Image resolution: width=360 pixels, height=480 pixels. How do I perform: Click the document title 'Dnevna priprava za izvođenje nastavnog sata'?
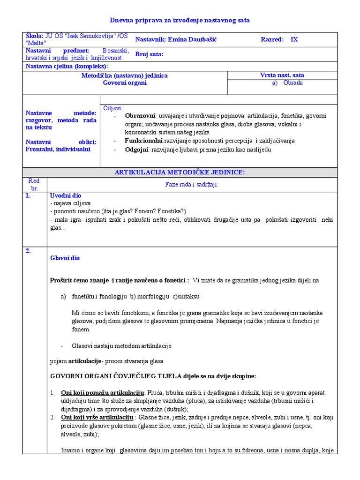click(x=180, y=20)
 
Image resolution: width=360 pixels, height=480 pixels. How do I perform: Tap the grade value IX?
click(x=294, y=40)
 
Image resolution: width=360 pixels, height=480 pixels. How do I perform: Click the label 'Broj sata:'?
click(x=149, y=54)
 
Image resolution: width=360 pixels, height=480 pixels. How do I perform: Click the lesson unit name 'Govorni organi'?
click(x=125, y=83)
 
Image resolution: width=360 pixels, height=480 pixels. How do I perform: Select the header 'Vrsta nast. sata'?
click(x=282, y=75)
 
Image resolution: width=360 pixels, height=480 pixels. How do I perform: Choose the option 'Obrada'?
click(x=293, y=83)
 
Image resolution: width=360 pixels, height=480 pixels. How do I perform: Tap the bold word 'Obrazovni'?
click(x=140, y=116)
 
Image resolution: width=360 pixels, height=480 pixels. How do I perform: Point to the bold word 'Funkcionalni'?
click(x=143, y=141)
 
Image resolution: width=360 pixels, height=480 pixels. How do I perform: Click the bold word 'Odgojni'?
click(x=136, y=150)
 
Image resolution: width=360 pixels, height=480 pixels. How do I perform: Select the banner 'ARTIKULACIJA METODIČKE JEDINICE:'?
click(x=180, y=172)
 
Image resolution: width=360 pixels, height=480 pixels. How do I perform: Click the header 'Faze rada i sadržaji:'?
click(x=192, y=185)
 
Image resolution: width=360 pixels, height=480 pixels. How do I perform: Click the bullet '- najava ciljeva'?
click(x=70, y=203)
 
